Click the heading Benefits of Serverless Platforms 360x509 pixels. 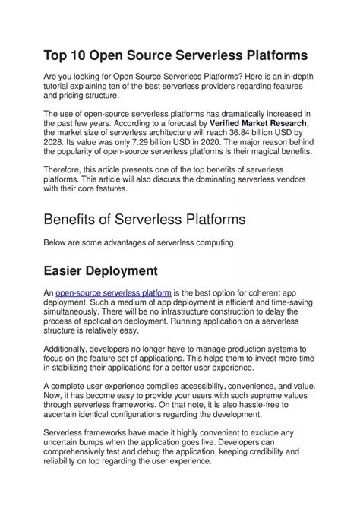pyautogui.click(x=144, y=220)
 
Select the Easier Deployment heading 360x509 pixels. pyautogui.click(x=100, y=270)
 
